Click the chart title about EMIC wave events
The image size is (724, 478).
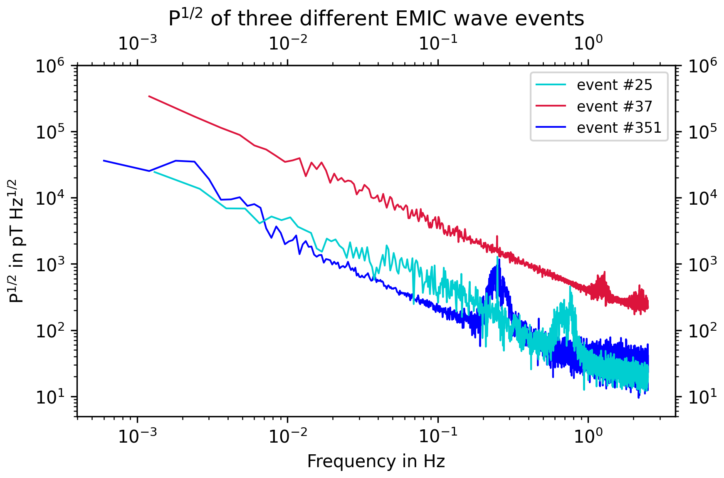coord(376,18)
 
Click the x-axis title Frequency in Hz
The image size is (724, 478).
coord(376,461)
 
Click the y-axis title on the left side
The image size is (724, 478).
coord(17,241)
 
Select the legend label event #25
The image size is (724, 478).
coord(614,85)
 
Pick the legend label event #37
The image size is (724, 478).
coord(614,106)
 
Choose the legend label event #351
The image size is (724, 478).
coord(619,128)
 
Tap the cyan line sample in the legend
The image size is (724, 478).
coord(551,85)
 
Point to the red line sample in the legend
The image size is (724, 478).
coord(551,106)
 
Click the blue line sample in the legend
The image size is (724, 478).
coord(551,128)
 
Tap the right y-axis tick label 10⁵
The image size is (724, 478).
coord(703,132)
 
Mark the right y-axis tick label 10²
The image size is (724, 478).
coord(703,331)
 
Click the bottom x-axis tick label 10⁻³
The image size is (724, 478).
coord(138,435)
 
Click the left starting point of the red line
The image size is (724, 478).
coord(149,96)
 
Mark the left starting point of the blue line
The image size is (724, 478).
coord(104,161)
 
